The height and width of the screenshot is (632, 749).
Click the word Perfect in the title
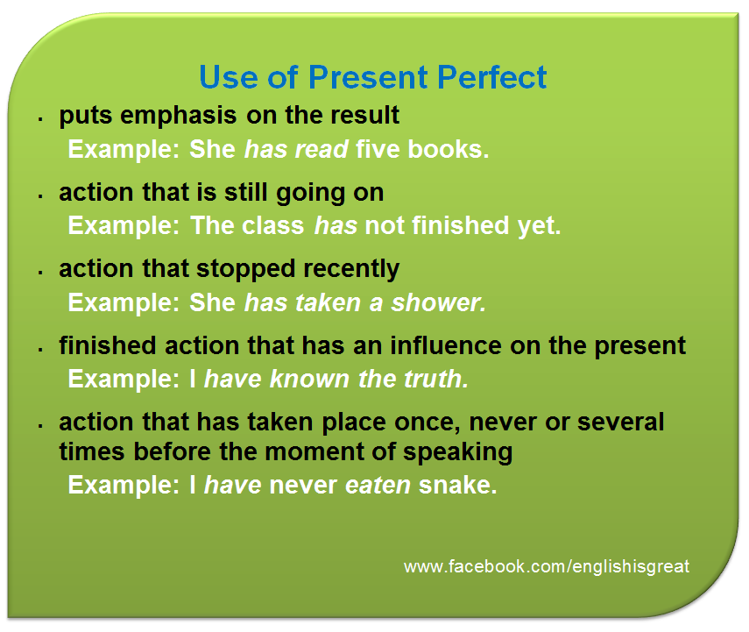pos(491,77)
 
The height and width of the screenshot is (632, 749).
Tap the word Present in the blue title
pos(368,77)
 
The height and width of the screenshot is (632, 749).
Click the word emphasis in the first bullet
pos(178,117)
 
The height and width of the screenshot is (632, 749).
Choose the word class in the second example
pos(272,225)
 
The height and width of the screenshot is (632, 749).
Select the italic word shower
pos(439,302)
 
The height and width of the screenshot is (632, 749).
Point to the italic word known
pos(309,379)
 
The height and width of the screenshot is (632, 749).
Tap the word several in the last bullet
pos(620,423)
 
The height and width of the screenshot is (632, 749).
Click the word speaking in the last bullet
pos(457,452)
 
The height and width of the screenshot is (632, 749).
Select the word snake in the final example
pos(457,486)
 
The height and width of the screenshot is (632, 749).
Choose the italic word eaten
pos(378,486)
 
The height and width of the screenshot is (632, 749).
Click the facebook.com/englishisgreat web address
pos(547,566)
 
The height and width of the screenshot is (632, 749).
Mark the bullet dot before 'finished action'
pos(41,350)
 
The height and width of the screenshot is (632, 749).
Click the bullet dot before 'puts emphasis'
pos(41,119)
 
